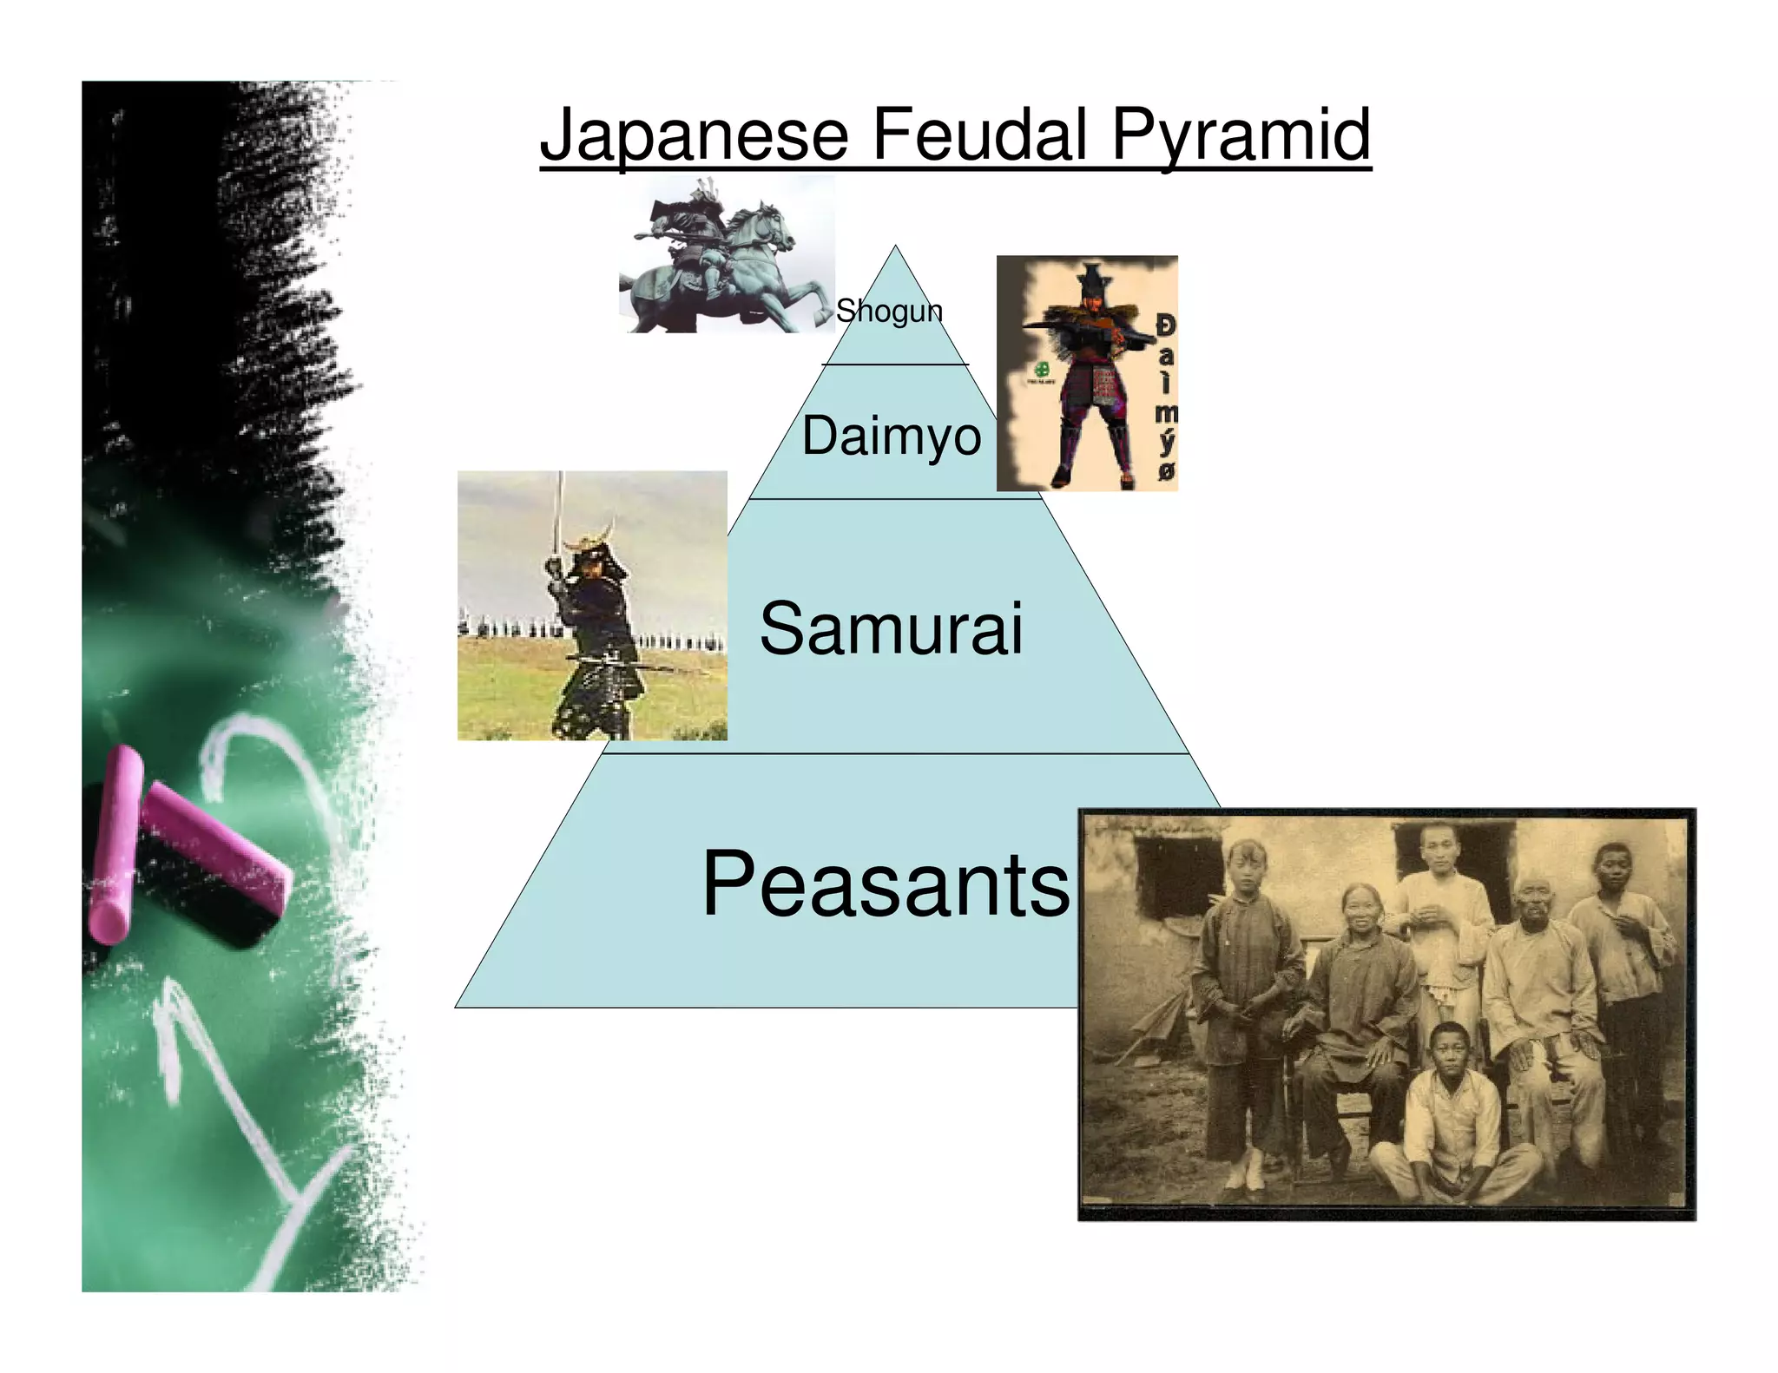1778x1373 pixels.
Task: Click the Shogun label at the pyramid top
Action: [889, 311]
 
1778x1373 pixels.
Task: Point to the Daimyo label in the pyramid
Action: [891, 436]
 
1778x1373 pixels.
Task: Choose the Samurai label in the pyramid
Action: [891, 628]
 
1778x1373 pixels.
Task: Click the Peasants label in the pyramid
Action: [886, 884]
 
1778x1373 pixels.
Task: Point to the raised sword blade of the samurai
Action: [561, 512]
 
